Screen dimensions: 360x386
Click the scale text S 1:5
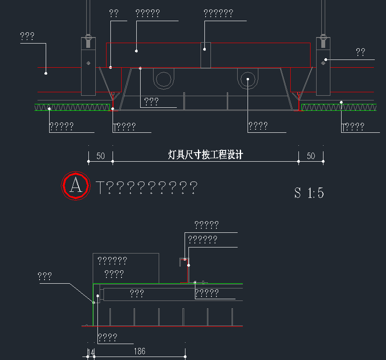pos(309,193)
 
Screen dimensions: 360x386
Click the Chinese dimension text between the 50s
pos(205,155)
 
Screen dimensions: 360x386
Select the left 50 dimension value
pos(100,156)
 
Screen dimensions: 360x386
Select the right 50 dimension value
pos(311,156)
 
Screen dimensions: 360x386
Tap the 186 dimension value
pos(139,351)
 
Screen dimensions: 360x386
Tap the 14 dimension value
pos(91,353)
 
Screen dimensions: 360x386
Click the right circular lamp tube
pos(248,79)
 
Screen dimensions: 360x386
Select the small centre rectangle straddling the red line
pos(205,55)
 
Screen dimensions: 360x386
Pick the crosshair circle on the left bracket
pos(88,63)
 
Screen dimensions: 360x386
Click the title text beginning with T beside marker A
pos(147,188)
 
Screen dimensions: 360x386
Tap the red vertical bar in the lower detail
pos(188,272)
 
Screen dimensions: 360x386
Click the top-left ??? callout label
pos(27,37)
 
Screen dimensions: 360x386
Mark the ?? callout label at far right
pos(361,53)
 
